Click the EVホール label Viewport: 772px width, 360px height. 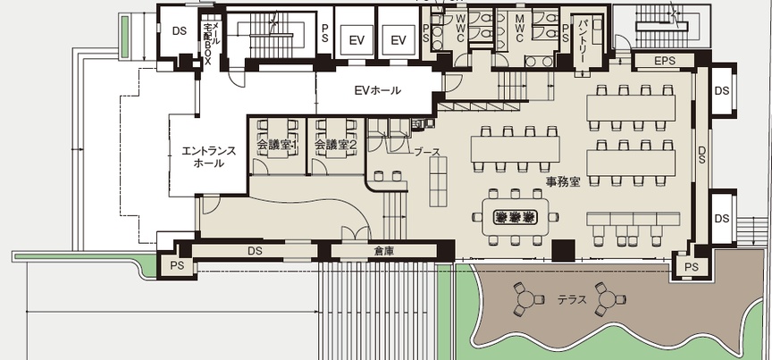378,90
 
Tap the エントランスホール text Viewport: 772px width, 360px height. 208,157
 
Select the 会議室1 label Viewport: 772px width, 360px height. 277,145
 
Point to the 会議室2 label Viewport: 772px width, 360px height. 335,145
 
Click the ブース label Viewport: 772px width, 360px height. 426,152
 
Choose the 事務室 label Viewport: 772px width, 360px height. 562,181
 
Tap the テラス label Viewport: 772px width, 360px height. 572,299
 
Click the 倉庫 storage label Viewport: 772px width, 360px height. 383,251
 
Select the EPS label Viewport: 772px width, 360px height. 665,61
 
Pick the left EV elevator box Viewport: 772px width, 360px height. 356,40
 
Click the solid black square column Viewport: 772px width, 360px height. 563,250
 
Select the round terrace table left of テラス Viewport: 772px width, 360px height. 526,299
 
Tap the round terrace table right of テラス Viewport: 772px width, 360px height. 608,299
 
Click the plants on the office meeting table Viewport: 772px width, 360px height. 515,217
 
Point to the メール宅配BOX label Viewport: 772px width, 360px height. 210,38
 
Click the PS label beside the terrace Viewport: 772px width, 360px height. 692,267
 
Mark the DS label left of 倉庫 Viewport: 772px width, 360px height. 255,251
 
